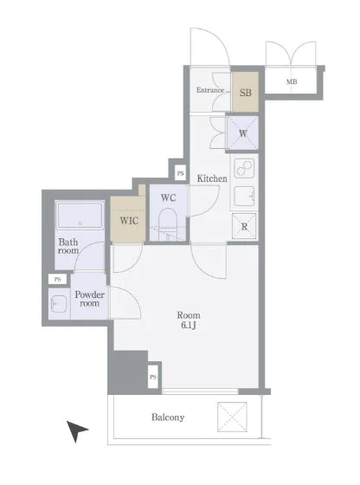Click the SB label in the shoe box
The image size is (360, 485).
point(246,93)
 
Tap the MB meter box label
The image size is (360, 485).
point(292,81)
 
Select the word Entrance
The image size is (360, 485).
point(210,90)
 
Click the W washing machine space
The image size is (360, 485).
point(243,133)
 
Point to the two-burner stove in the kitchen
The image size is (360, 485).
point(244,168)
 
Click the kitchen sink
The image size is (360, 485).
point(244,197)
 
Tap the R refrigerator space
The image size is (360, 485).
point(244,226)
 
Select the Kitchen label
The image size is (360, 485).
point(212,178)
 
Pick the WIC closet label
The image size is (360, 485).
point(129,221)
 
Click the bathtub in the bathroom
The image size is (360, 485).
point(80,215)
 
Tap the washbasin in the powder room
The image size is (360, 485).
point(59,304)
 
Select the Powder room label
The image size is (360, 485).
point(90,299)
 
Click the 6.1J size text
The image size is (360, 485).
point(189,325)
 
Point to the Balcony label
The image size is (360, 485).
point(168,417)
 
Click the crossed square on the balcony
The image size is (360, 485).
point(232,417)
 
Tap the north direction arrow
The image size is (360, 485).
point(77,430)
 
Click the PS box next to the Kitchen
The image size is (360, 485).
point(181,173)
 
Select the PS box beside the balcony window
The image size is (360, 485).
point(153,377)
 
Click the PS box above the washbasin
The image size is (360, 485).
point(57,279)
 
